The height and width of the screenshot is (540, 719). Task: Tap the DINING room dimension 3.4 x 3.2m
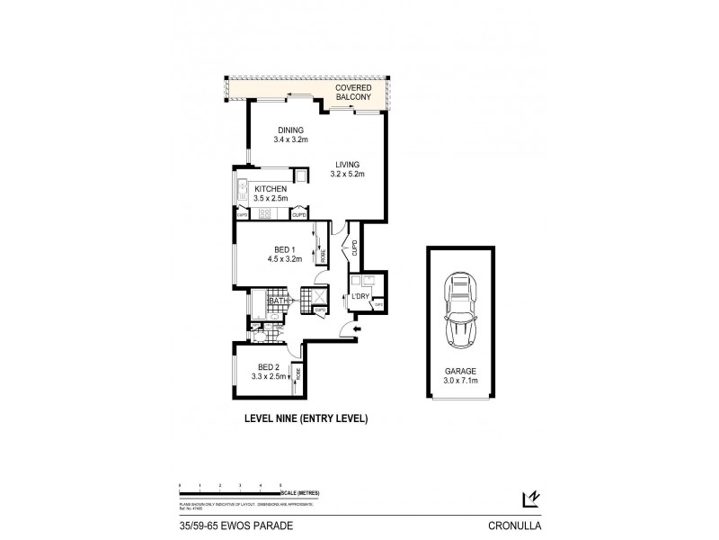290,140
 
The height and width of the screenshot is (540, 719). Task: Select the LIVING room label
347,165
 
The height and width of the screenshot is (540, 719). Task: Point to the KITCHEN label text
269,188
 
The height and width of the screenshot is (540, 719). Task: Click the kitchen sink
242,189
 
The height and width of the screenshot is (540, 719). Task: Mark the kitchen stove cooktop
265,213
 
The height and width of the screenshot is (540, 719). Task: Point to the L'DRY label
361,296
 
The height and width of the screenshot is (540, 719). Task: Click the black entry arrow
358,330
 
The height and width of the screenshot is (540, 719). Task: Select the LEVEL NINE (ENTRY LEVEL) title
306,418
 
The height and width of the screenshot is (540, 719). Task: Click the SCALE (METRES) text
300,492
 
